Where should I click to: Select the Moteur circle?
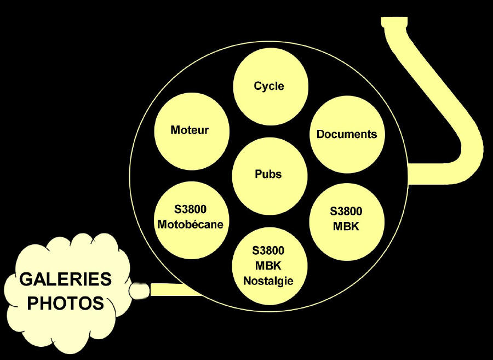(190, 130)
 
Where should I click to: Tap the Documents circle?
(347, 134)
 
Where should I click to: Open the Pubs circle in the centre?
(268, 174)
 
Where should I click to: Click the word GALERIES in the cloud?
(66, 279)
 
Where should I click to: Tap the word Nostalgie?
(268, 281)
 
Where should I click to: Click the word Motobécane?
(190, 224)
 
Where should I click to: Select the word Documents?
(347, 134)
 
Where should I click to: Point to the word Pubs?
(268, 174)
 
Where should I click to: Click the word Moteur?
(190, 130)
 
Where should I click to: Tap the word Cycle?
(269, 86)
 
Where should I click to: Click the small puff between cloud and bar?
(140, 290)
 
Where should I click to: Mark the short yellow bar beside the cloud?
(173, 289)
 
